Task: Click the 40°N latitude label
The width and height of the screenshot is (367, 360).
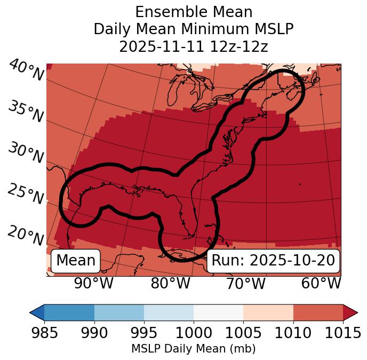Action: point(26,71)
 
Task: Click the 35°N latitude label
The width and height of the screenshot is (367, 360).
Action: point(26,112)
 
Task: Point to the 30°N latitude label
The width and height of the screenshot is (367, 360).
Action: point(26,153)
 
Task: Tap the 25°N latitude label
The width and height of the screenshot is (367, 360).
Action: point(26,194)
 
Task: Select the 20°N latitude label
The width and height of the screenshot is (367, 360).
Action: point(26,235)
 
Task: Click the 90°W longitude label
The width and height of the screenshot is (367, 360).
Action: point(93,283)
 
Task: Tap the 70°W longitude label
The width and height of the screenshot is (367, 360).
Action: point(245,283)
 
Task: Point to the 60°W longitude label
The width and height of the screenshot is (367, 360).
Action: point(321,283)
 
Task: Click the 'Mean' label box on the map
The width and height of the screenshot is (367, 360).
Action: point(76,261)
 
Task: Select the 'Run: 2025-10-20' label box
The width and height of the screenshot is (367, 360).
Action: point(273,261)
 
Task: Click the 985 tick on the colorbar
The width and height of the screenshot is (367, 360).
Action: point(44,333)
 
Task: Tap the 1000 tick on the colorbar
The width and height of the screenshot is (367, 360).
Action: point(194,333)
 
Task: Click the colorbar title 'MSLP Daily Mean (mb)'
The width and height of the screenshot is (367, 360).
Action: point(193,349)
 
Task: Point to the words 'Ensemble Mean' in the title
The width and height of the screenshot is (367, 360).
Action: point(193,12)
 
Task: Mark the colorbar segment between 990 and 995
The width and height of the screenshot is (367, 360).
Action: point(119,312)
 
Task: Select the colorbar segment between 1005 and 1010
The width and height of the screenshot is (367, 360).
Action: point(268,312)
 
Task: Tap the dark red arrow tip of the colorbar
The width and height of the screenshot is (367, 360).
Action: point(350,312)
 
